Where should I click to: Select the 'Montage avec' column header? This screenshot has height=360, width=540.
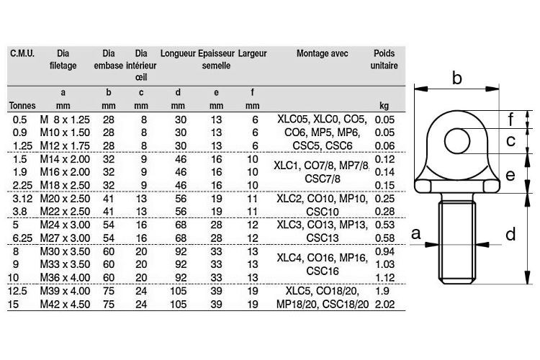pos(321,53)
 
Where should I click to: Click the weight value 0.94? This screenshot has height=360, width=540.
pos(385,251)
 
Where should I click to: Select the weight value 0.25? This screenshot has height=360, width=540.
pos(385,198)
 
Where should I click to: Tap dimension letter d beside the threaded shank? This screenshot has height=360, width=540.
pos(510,234)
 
